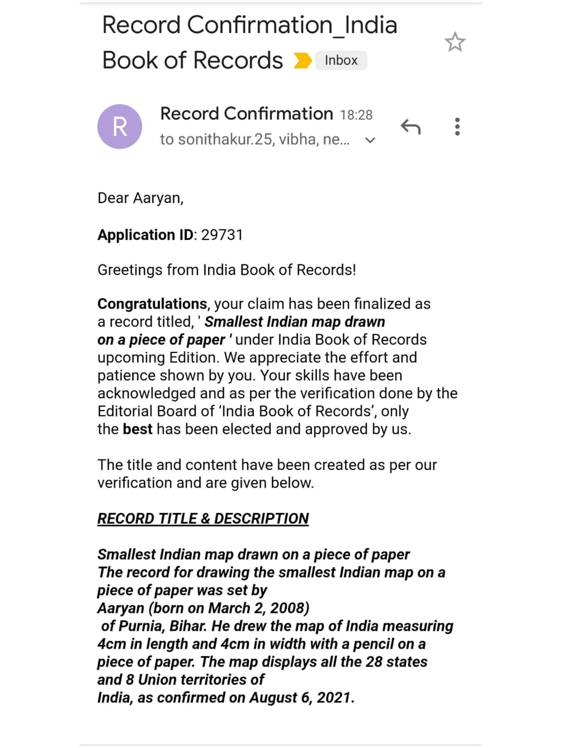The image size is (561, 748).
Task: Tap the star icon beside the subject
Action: tap(455, 42)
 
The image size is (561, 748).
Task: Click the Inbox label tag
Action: tap(341, 60)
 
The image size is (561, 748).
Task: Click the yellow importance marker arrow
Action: tap(302, 61)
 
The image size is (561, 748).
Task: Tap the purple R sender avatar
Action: tap(119, 127)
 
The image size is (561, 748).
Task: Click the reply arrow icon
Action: tap(410, 127)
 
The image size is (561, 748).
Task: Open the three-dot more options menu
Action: tap(457, 127)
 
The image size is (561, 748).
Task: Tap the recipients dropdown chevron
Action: tap(370, 140)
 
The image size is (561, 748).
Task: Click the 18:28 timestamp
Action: tap(356, 115)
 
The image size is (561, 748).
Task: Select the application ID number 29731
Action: tap(222, 235)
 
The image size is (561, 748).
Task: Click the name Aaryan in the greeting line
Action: tap(157, 198)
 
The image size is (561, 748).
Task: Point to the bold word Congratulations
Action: tap(152, 304)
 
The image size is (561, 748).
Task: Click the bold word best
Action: tap(138, 429)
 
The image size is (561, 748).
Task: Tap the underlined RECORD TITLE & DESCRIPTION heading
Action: tap(203, 519)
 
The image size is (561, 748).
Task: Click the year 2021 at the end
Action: tap(333, 698)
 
